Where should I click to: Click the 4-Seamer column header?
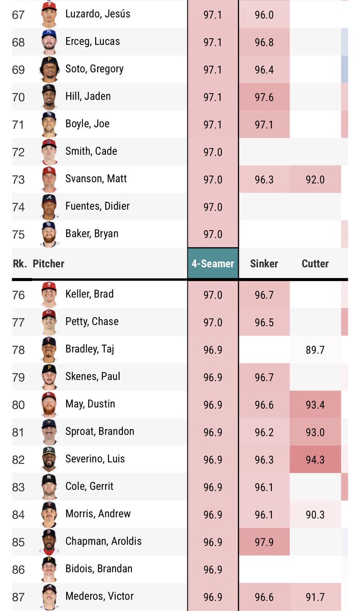coord(213,264)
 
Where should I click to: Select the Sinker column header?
coord(264,264)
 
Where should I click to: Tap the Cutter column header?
coord(315,264)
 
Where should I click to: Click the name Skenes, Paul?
coord(93,376)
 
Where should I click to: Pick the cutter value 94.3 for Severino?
coord(315,460)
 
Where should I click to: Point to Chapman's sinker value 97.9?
coord(264,542)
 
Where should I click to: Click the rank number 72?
coord(18,152)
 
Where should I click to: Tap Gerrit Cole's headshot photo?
coord(49,487)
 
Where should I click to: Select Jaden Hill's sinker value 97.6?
coord(264,97)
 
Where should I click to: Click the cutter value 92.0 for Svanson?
coord(315,179)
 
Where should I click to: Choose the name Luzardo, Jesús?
coord(98,14)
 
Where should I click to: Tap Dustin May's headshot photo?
coord(49,404)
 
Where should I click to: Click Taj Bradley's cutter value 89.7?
coord(315,350)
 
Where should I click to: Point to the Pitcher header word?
coord(48,264)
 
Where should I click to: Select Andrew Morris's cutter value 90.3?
coord(315,515)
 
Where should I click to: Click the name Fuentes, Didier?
coord(97,206)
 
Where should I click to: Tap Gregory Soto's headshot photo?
coord(49,69)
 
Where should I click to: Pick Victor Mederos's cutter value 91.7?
coord(315,597)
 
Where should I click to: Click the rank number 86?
coord(18,570)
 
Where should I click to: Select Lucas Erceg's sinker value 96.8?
coord(264,42)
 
